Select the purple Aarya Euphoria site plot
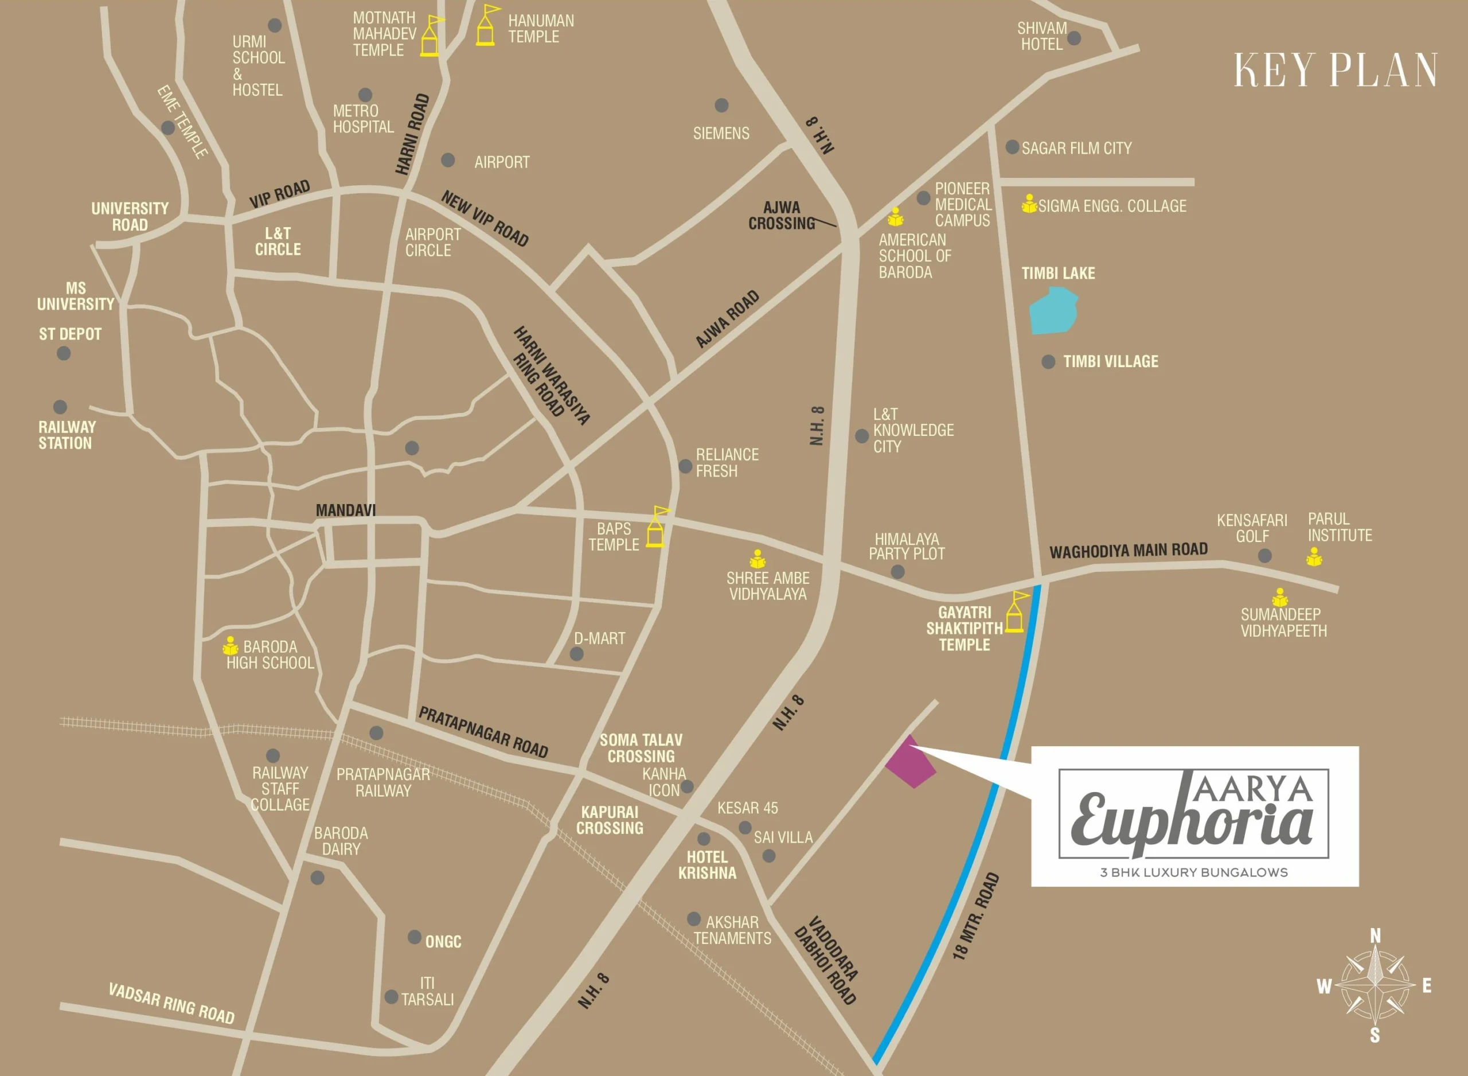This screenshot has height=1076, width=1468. [x=911, y=763]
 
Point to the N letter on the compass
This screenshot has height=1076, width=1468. [x=1375, y=936]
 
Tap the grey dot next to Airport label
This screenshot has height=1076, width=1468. [x=448, y=160]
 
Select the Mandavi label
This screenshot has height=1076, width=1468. [x=346, y=510]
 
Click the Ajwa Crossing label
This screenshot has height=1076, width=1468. [x=781, y=216]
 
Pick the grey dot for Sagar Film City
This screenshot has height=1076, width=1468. [x=1012, y=147]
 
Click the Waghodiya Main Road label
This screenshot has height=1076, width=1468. [x=1128, y=551]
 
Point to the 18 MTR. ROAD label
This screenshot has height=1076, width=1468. [x=975, y=917]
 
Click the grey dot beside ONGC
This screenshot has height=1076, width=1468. [x=414, y=937]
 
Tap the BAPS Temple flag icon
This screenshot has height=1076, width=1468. [x=656, y=528]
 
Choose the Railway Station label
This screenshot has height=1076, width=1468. [x=67, y=436]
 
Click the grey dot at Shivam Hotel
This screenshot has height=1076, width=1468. [x=1074, y=38]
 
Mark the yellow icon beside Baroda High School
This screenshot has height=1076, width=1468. [x=231, y=646]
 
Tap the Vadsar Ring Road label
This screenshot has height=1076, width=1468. [x=171, y=1004]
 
